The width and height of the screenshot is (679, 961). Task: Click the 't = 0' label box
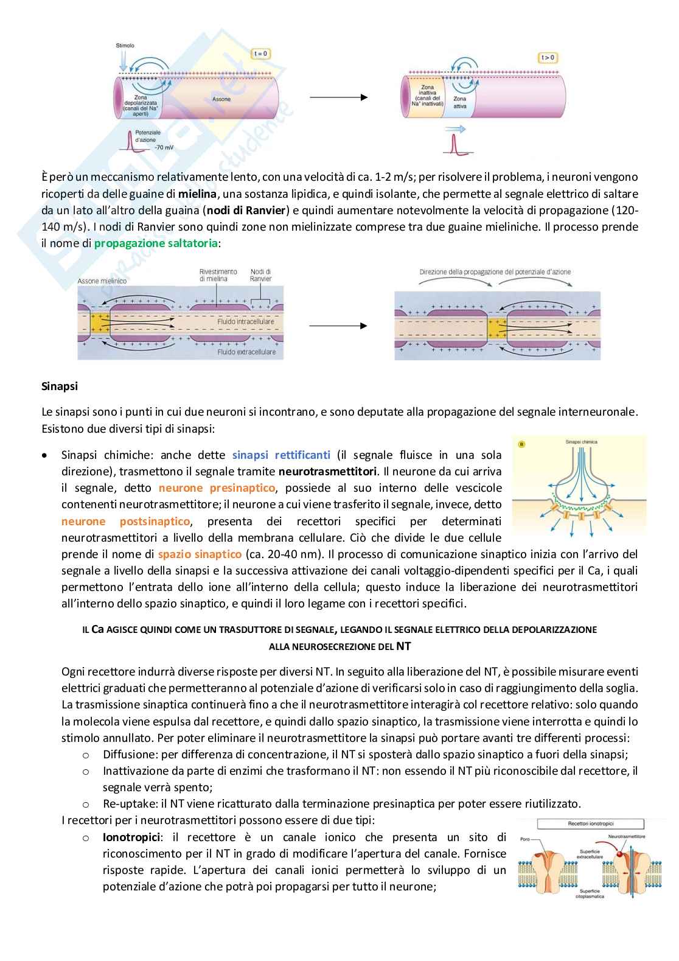coord(260,54)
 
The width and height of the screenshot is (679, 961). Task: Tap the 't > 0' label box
coord(548,58)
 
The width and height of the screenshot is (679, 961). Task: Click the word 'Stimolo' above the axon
coord(125,46)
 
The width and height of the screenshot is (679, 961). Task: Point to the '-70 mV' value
coord(164,147)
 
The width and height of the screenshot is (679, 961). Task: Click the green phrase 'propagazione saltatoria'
coord(156,243)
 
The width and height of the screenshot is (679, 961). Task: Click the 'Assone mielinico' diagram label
coord(102,281)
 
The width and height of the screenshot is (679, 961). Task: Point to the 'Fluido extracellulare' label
coord(246,352)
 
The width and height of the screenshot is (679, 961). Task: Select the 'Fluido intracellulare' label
coord(246,321)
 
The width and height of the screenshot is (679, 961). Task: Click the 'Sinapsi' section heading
coord(60,386)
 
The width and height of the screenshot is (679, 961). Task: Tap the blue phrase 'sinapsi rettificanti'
coord(281,455)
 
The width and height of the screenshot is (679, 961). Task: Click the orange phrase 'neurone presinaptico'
coord(217,487)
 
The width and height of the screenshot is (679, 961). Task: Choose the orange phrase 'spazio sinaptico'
coord(200,554)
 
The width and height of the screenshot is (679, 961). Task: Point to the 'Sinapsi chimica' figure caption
coord(581,442)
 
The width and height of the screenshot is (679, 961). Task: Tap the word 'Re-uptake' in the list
coord(127,803)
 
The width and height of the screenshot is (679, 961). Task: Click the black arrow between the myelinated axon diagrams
coord(338,326)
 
